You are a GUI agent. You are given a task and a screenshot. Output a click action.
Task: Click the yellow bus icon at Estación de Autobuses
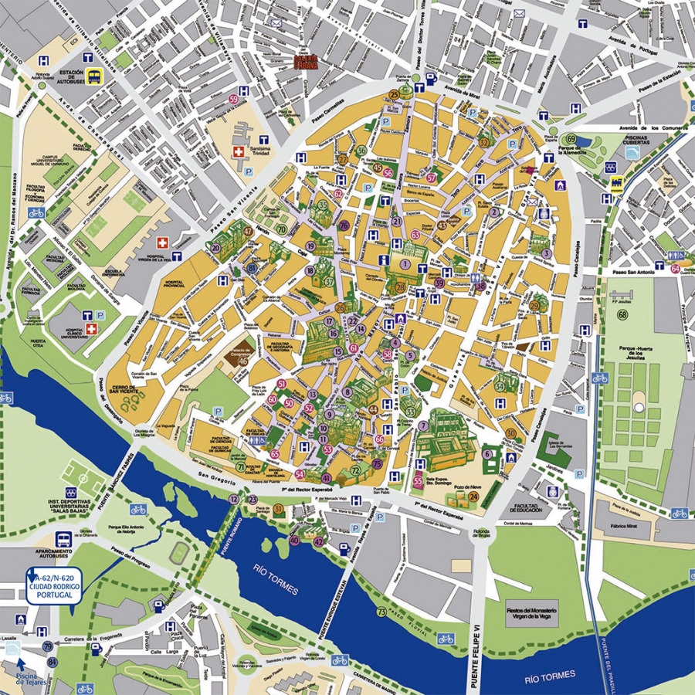coord(94,76)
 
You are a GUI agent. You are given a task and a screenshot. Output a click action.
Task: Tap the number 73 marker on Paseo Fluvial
coord(381,612)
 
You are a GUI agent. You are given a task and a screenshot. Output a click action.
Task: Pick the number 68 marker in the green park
coord(622,314)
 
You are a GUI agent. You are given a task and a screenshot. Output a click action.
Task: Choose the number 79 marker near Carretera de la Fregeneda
coord(48,646)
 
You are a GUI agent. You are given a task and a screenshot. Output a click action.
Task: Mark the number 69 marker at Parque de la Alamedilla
coord(553,133)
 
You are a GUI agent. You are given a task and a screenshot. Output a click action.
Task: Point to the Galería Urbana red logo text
coord(306,63)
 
